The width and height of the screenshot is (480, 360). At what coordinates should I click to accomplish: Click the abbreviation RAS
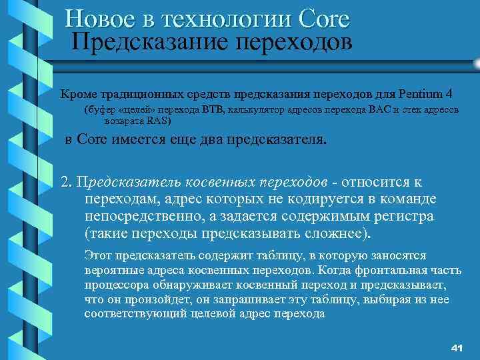point(159,121)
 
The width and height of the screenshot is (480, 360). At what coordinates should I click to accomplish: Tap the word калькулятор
point(260,109)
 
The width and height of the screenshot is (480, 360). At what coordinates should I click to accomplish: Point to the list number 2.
point(65,183)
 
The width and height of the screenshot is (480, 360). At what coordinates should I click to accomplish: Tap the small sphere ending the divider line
point(475,65)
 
